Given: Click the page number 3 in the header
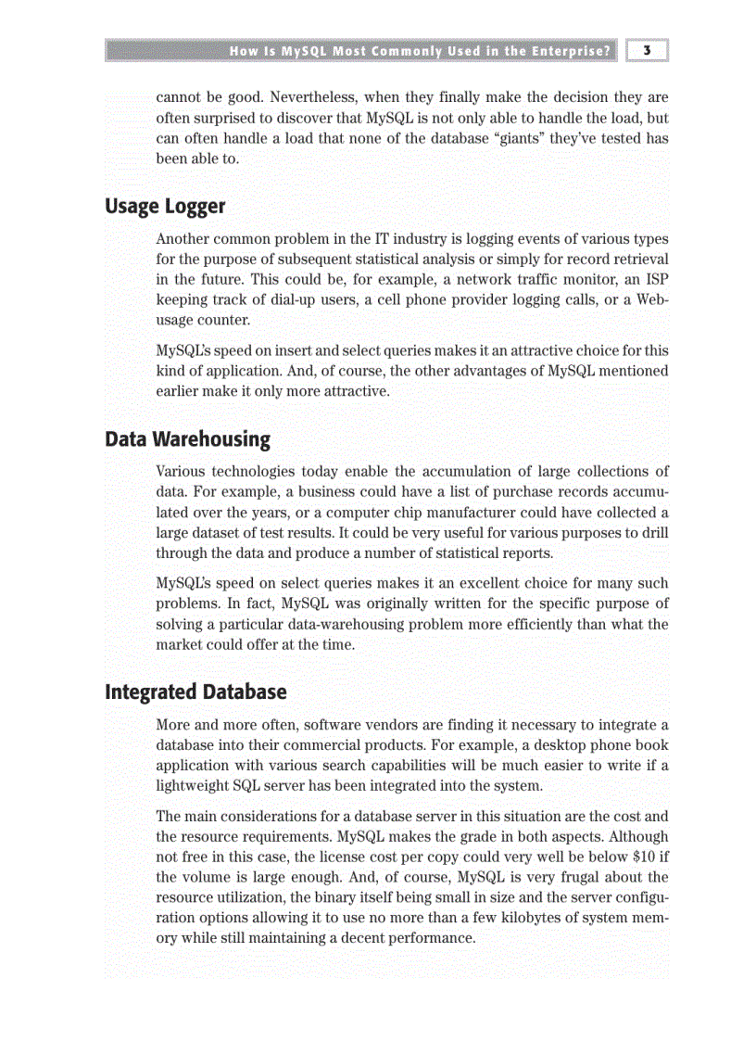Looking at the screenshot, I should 647,51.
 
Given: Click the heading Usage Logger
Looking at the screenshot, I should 165,206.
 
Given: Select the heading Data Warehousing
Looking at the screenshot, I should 187,438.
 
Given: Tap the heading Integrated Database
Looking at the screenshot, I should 195,692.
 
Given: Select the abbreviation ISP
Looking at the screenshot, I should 656,279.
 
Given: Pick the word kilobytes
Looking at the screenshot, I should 543,918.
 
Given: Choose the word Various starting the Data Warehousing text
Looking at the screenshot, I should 183,472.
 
